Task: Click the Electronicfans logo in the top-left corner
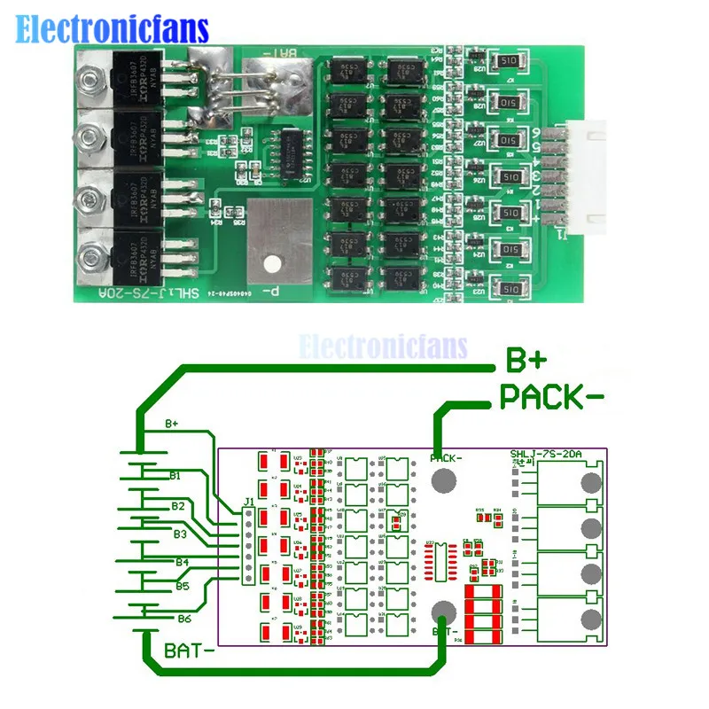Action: point(113,28)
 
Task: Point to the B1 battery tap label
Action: point(175,476)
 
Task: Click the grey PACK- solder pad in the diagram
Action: point(443,480)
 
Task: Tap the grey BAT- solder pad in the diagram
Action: point(444,612)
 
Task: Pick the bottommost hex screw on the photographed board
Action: point(88,258)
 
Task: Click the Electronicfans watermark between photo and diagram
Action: point(383,346)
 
